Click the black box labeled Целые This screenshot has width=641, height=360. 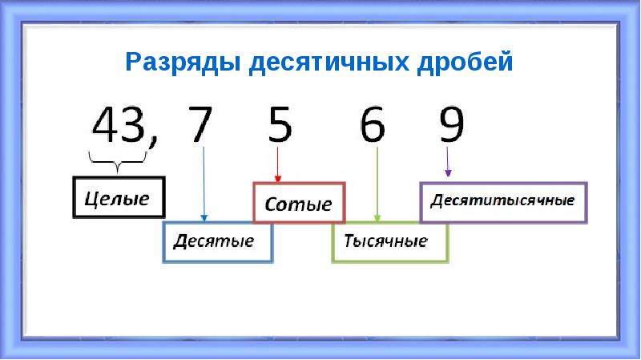pos(118,197)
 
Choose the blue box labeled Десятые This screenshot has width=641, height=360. pos(218,241)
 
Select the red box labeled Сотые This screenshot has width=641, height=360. pos(298,202)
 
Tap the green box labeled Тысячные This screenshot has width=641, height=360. pos(389,242)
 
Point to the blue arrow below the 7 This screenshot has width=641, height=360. pos(204,184)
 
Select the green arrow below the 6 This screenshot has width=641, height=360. pos(377,184)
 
